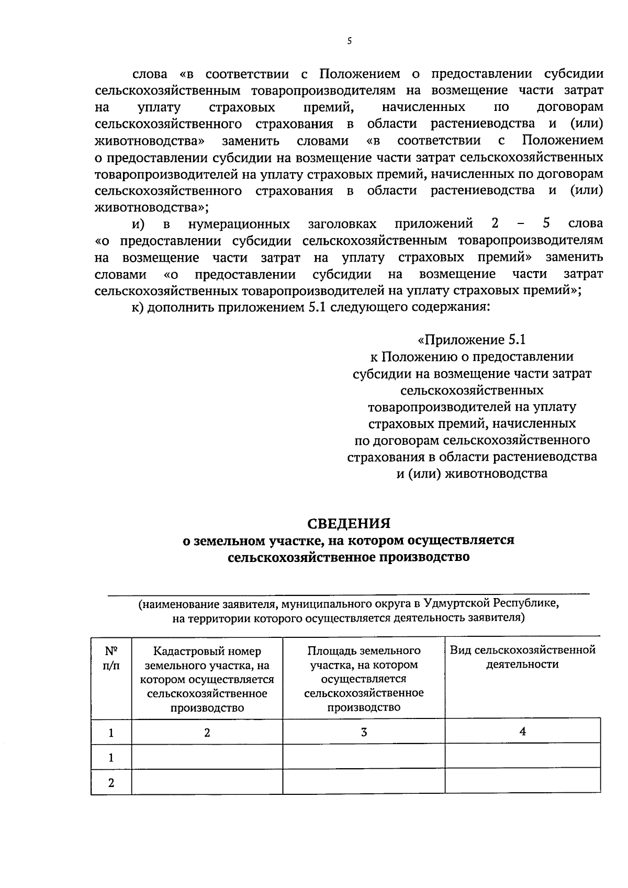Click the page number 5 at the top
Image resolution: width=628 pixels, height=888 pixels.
[349, 40]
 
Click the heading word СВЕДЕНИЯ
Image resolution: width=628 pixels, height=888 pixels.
[349, 523]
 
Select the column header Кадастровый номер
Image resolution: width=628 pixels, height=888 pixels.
[207, 651]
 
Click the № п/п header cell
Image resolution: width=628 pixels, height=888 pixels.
[111, 658]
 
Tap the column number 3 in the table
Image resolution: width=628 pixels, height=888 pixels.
[364, 732]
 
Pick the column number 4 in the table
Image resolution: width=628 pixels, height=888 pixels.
[522, 732]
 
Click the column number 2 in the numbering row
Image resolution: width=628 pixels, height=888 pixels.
[207, 733]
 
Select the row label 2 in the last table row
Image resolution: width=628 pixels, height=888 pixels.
[111, 783]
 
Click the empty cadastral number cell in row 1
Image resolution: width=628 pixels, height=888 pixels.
[207, 757]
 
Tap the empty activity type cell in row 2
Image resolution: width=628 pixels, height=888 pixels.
[522, 782]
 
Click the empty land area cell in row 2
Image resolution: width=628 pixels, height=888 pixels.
[364, 782]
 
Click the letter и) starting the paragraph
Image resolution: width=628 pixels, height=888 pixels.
[138, 224]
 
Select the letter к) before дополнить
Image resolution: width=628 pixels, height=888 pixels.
[137, 307]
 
